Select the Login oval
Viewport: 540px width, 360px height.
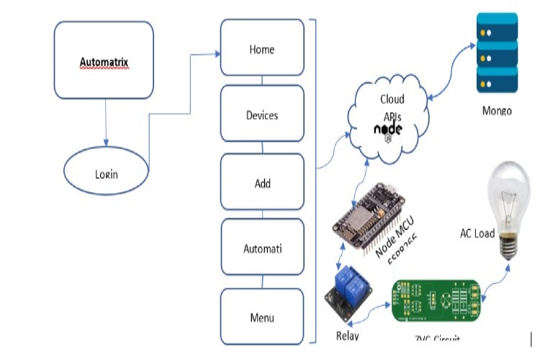(x=107, y=174)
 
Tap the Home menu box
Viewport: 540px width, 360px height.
(x=262, y=49)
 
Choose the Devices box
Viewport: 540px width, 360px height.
(x=262, y=114)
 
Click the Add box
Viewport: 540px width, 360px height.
(x=262, y=183)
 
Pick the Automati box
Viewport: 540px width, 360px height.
(x=262, y=249)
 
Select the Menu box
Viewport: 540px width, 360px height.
(x=262, y=317)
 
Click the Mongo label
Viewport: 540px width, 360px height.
(x=497, y=112)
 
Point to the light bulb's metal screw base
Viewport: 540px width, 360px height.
(x=510, y=245)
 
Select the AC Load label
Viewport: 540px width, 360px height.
(x=477, y=233)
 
